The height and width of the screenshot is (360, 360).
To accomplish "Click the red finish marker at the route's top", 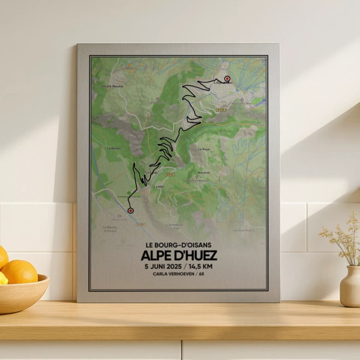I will click(227, 79).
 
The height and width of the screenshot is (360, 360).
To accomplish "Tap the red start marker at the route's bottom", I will click(130, 210).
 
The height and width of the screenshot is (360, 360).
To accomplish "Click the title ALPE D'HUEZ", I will click(179, 256).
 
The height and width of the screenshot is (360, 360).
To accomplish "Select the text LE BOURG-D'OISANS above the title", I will click(179, 245).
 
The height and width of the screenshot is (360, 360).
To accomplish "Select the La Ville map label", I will click(158, 187).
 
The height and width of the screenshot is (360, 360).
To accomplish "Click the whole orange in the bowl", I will click(19, 272).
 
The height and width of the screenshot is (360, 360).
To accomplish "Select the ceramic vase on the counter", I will click(350, 286).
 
